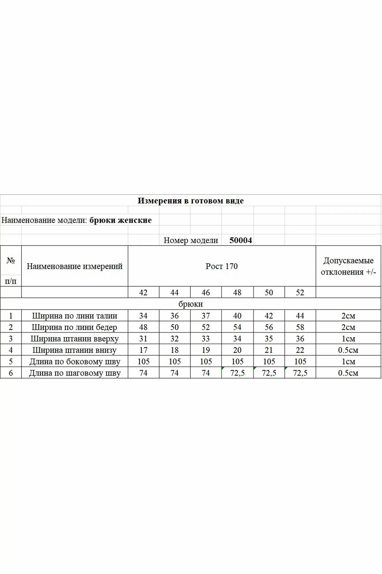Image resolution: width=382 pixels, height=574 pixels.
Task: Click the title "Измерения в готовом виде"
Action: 191,201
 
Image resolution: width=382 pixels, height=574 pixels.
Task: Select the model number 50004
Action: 240,240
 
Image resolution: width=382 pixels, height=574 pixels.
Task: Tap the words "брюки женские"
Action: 120,220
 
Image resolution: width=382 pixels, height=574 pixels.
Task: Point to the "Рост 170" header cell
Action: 222,266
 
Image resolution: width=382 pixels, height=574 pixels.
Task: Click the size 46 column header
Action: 206,292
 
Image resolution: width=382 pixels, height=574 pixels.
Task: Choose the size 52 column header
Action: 300,292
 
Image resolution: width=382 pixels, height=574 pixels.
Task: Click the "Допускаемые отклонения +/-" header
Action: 348,266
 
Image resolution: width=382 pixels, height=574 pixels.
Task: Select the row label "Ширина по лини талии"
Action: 75,316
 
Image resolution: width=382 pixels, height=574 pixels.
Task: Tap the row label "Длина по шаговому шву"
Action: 75,373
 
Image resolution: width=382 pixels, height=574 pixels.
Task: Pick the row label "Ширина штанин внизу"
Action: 75,350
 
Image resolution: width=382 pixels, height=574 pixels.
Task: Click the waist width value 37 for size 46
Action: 206,316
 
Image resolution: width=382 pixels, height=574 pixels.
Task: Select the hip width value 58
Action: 300,327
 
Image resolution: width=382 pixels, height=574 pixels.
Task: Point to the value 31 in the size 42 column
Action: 143,339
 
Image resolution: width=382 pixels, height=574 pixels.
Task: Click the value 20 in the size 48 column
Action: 237,350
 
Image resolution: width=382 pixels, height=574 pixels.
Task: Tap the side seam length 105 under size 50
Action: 269,361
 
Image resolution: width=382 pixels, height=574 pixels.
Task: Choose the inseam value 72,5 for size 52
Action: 300,373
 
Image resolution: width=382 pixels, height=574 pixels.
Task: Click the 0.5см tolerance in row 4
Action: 348,350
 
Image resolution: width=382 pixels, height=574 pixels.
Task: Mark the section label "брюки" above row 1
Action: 191,304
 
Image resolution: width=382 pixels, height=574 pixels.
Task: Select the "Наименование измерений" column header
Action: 75,266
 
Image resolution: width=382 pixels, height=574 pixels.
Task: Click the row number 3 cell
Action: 11,339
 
